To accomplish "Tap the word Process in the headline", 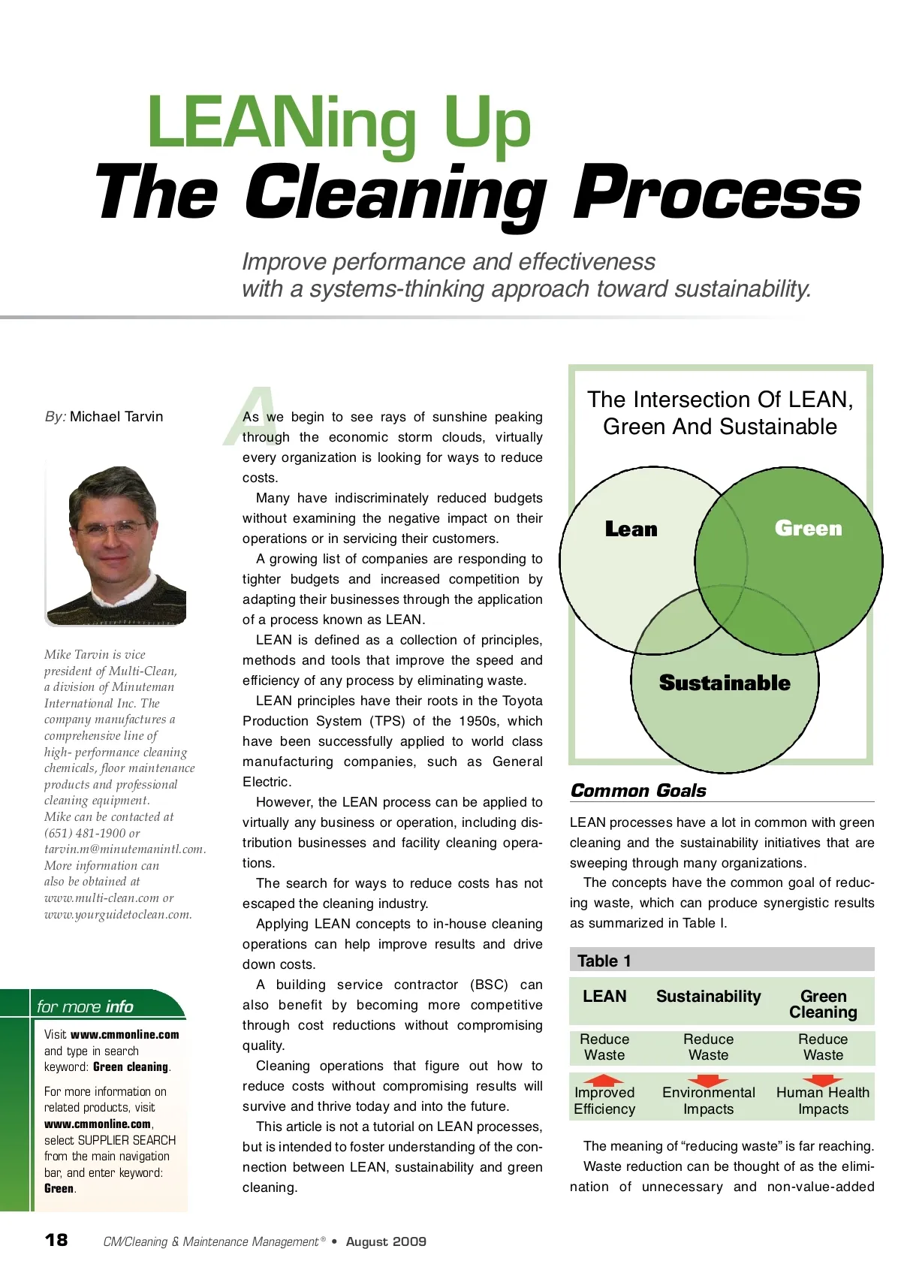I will (x=716, y=194).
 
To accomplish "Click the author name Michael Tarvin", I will (x=116, y=417).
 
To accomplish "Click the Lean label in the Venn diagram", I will (x=631, y=529).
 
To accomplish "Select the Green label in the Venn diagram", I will (x=808, y=529).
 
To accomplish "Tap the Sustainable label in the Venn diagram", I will (x=725, y=683).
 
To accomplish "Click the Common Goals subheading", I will (x=638, y=790).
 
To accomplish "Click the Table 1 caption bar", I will (x=721, y=961).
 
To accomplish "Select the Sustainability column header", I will (x=708, y=997).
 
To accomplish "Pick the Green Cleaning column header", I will (x=823, y=1004).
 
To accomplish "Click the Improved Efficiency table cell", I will (x=604, y=1101).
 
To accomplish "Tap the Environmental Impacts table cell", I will (x=708, y=1101).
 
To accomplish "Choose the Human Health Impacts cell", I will (x=823, y=1101).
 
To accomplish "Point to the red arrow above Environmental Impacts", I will (x=707, y=1081).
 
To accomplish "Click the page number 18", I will (x=56, y=1240).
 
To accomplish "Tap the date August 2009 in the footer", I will (x=386, y=1241).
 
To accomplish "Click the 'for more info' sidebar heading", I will (x=85, y=1006).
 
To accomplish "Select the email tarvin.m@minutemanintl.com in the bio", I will (x=124, y=849).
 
